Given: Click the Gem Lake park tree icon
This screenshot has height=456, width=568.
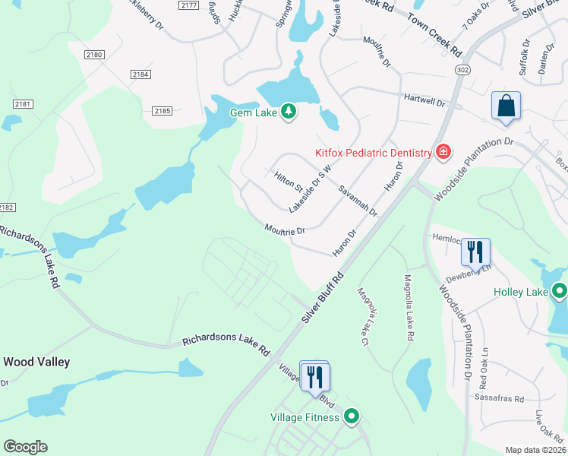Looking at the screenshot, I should coord(289,112).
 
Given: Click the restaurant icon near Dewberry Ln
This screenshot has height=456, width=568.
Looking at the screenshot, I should coord(475,251).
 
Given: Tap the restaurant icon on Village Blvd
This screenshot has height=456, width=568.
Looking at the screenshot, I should coord(314,375).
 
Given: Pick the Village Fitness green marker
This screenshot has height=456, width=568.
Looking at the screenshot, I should coord(351,416).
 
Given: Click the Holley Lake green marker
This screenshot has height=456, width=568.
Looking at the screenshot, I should coord(560,291).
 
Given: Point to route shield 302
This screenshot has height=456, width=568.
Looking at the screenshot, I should coord(462,69).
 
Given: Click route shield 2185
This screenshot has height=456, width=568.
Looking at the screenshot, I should coord(162,111).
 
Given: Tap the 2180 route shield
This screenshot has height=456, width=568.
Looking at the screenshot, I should coord(94,55).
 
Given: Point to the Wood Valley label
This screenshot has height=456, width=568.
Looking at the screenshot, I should coord(36,362).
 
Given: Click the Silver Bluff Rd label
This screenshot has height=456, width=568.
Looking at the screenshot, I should coord(323,296).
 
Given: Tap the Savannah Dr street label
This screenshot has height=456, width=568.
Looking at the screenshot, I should coord(358,200).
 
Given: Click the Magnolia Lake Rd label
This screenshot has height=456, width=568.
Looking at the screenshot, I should coord(409,307).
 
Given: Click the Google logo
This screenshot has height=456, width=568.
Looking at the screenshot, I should coord(25,447).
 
